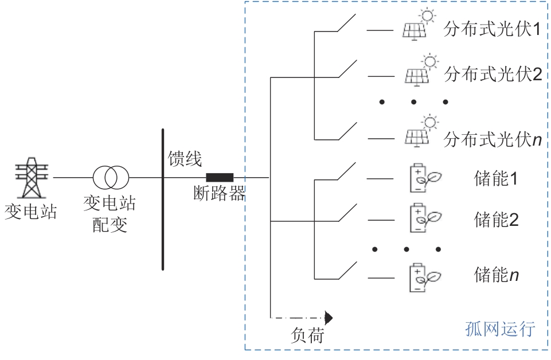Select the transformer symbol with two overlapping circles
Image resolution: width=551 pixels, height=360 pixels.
[x=112, y=178]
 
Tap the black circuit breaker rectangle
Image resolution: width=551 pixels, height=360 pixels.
[x=220, y=177]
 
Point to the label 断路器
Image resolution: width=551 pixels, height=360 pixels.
[x=219, y=194]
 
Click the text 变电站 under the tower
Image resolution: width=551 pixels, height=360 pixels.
[x=30, y=213]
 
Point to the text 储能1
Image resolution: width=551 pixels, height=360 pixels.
[x=497, y=179]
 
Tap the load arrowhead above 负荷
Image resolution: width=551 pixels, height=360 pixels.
[x=329, y=317]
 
